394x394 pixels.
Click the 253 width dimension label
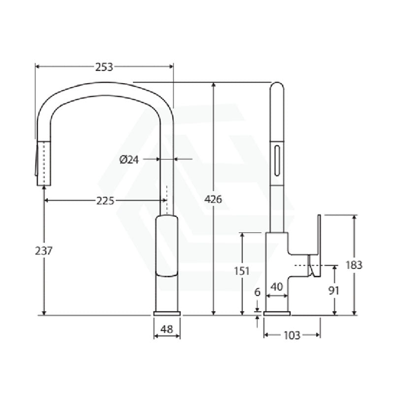(104, 67)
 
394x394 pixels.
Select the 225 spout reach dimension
(104, 200)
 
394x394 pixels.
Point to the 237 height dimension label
(44, 250)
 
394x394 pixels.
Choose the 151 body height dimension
(242, 270)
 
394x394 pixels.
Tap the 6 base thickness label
(257, 292)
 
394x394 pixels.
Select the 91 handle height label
(334, 291)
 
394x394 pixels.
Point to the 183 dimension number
(354, 264)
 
